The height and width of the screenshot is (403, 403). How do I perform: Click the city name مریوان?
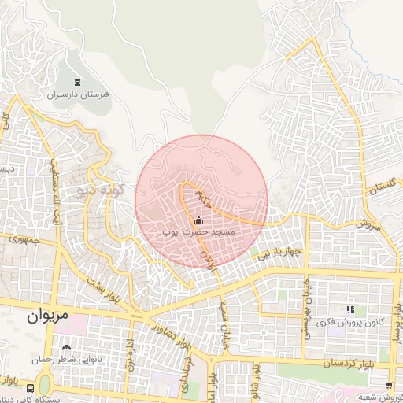48,316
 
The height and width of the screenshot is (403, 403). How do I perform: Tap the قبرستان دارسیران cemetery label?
78,94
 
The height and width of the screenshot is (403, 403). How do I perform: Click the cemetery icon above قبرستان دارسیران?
76,82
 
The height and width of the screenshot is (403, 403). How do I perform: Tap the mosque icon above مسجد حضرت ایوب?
198,220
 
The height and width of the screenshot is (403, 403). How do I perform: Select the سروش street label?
367,224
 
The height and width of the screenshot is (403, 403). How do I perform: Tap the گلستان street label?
380,188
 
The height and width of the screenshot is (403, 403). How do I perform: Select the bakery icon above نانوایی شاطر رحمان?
65,347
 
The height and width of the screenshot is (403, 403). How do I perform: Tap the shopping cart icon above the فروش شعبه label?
389,385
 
